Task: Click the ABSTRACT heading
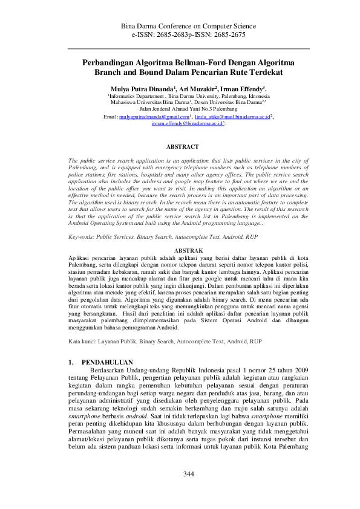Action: coord(182,147)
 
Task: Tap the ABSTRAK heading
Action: coord(188,249)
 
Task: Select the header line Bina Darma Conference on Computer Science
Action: coord(188,27)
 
